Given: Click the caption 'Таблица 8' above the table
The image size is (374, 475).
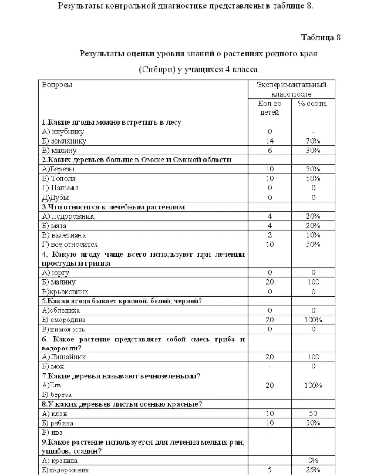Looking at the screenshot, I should pyautogui.click(x=321, y=38).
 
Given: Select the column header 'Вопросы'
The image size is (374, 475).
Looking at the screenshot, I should pyautogui.click(x=57, y=85).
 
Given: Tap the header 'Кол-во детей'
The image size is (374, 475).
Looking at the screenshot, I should pyautogui.click(x=270, y=108).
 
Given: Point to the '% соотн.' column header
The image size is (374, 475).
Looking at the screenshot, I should pyautogui.click(x=313, y=104).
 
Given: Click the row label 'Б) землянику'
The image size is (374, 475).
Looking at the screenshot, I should pyautogui.click(x=64, y=141).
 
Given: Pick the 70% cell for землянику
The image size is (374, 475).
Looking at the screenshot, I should pyautogui.click(x=313, y=141).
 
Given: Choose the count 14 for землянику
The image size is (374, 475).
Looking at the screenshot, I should pyautogui.click(x=270, y=141).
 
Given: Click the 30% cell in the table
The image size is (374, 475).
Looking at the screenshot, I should pyautogui.click(x=313, y=151).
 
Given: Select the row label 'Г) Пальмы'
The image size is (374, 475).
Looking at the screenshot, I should pyautogui.click(x=60, y=188).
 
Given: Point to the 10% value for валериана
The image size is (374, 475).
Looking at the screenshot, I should pyautogui.click(x=313, y=235).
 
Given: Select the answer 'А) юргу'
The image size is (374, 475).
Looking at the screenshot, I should pyautogui.click(x=55, y=273).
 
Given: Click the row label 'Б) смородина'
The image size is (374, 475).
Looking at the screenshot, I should pyautogui.click(x=64, y=320).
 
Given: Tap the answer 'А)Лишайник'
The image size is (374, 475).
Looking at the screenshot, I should pyautogui.click(x=64, y=357).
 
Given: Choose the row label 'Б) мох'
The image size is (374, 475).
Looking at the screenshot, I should pyautogui.click(x=53, y=366).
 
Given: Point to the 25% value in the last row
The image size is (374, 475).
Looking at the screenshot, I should pyautogui.click(x=313, y=470).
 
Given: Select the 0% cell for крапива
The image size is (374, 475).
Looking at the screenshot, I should pyautogui.click(x=313, y=461).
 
